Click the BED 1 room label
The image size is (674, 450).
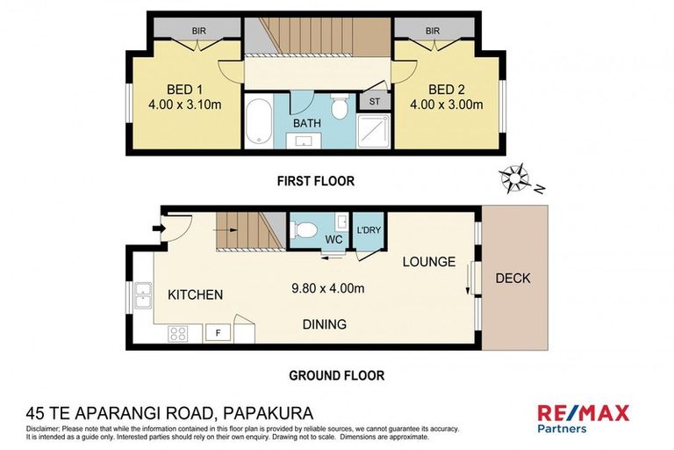click(184, 90)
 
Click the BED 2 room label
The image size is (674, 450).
click(446, 90)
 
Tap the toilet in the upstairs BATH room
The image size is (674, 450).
click(340, 108)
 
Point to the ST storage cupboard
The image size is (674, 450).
click(374, 100)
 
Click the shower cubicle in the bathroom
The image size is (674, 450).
click(373, 132)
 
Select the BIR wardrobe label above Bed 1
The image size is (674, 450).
click(199, 31)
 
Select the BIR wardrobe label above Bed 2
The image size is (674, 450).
click(432, 31)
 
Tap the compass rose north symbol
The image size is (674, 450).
click(513, 179)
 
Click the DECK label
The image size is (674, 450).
click(513, 279)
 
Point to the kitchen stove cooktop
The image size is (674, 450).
click(179, 333)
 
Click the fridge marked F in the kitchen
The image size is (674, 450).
click(217, 333)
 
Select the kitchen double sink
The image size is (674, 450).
click(144, 297)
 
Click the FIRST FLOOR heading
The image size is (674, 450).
click(315, 181)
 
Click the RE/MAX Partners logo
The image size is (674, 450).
click(587, 417)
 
